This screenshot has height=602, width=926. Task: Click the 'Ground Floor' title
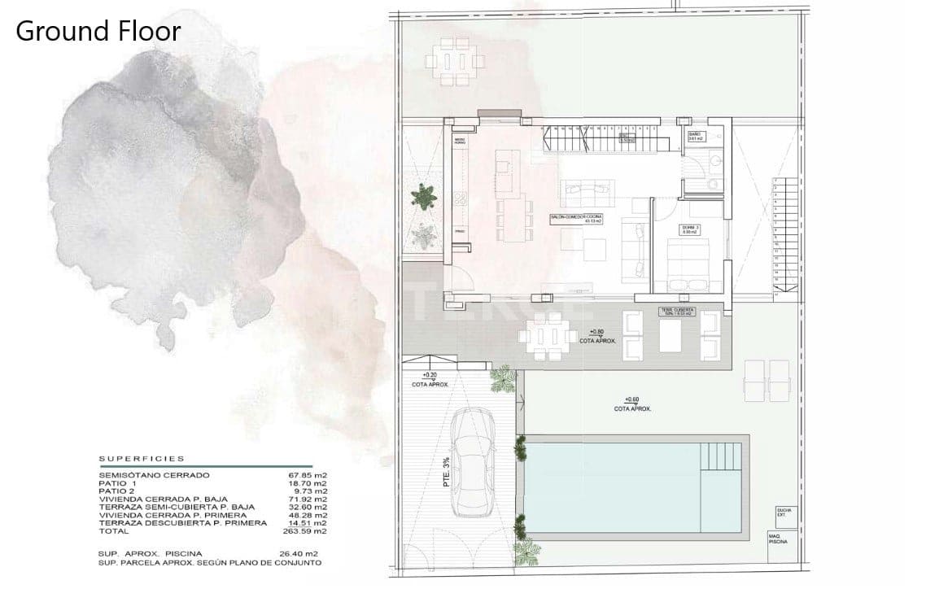point(98,32)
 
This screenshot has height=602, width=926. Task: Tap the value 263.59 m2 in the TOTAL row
point(310,530)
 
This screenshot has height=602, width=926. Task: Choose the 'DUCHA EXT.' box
point(783,513)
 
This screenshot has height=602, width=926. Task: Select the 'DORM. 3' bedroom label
point(691,229)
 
